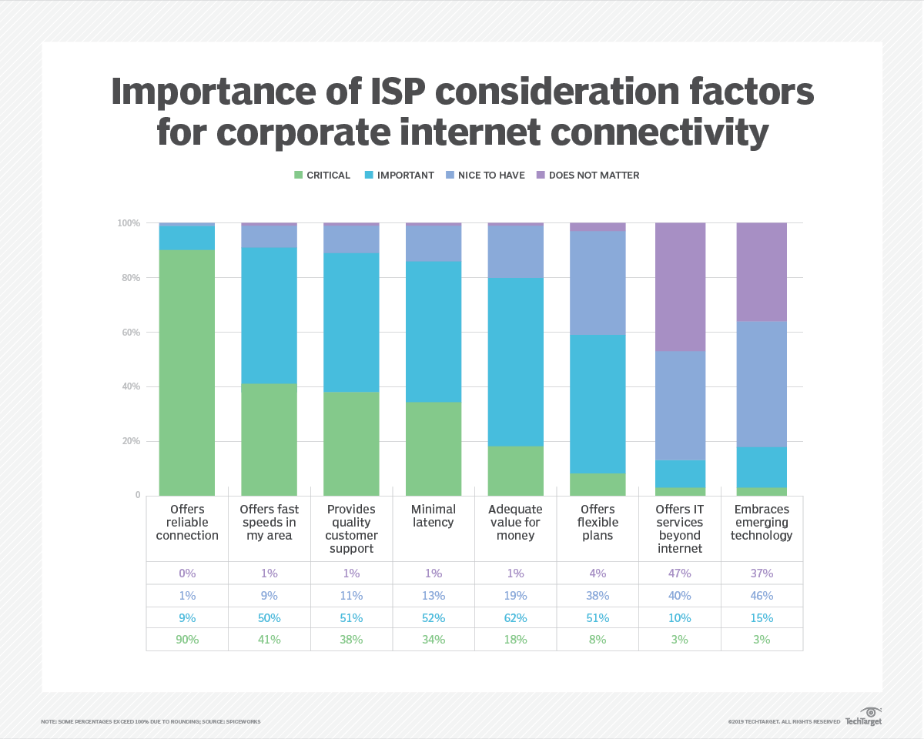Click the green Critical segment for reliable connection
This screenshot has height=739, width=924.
pyautogui.click(x=187, y=373)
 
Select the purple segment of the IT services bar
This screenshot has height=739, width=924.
pyautogui.click(x=680, y=286)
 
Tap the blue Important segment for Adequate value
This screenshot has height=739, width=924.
pyautogui.click(x=515, y=362)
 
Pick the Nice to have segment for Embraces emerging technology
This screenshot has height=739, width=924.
pyautogui.click(x=762, y=383)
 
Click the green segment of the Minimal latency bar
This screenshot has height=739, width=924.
pyautogui.click(x=434, y=449)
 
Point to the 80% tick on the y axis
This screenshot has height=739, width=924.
pyautogui.click(x=129, y=278)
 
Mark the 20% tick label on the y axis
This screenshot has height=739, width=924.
pyautogui.click(x=129, y=442)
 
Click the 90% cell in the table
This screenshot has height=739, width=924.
pyautogui.click(x=187, y=640)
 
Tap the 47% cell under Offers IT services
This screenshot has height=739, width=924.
pyautogui.click(x=680, y=573)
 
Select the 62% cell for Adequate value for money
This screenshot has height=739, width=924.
pyautogui.click(x=515, y=618)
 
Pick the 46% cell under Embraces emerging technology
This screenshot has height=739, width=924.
pyautogui.click(x=762, y=596)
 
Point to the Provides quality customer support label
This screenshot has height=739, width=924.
pyautogui.click(x=351, y=529)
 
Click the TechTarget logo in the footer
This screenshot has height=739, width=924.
pyautogui.click(x=864, y=717)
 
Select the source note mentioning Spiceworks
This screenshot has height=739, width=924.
pyautogui.click(x=151, y=722)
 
